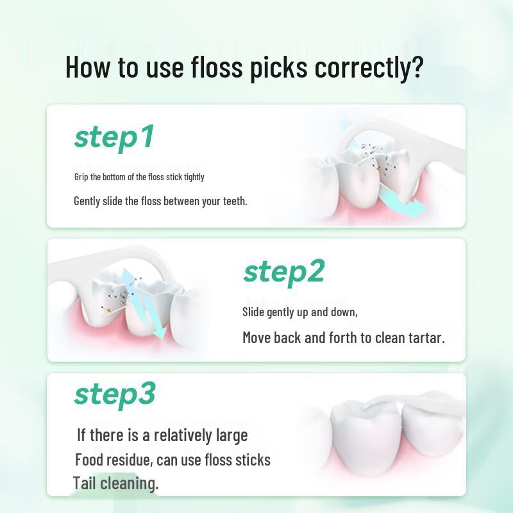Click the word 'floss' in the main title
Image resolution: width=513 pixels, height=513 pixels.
213,67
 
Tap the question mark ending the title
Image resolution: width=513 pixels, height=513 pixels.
417,67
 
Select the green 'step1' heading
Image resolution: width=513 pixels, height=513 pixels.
114,137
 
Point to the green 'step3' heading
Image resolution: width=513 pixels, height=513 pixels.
115,394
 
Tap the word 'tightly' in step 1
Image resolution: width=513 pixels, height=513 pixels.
194,176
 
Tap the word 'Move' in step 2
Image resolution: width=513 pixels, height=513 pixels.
256,337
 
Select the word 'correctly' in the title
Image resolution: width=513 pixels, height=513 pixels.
362,67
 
